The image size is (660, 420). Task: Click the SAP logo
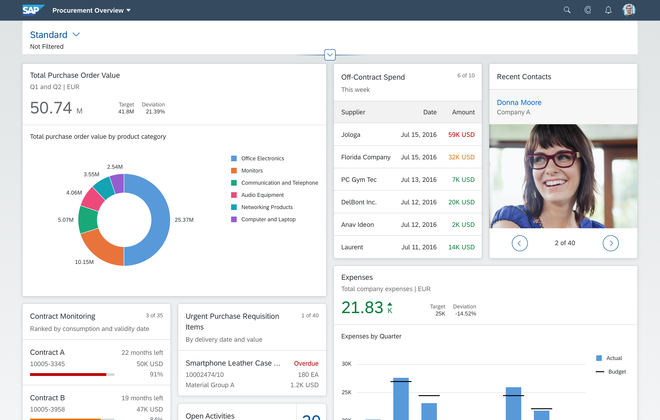click(33, 10)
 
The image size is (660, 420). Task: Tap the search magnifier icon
click(567, 10)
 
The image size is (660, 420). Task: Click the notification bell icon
click(608, 10)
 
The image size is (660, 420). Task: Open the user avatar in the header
click(629, 10)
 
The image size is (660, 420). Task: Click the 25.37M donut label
click(184, 220)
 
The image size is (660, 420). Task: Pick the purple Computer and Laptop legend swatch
click(234, 219)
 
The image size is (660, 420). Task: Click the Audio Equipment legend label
click(262, 195)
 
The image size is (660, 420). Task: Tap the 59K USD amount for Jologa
click(461, 135)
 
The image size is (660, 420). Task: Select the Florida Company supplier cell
click(366, 157)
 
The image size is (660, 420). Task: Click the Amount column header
click(463, 112)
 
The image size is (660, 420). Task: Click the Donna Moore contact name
click(519, 102)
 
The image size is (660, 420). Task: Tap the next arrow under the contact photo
click(610, 243)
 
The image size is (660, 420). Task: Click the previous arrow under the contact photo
click(519, 243)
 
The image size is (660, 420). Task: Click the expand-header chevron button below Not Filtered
click(330, 55)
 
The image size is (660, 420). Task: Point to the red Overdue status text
click(306, 363)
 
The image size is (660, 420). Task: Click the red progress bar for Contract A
click(68, 375)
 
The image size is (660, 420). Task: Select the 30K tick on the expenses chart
click(346, 364)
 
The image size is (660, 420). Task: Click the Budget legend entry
click(617, 372)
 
